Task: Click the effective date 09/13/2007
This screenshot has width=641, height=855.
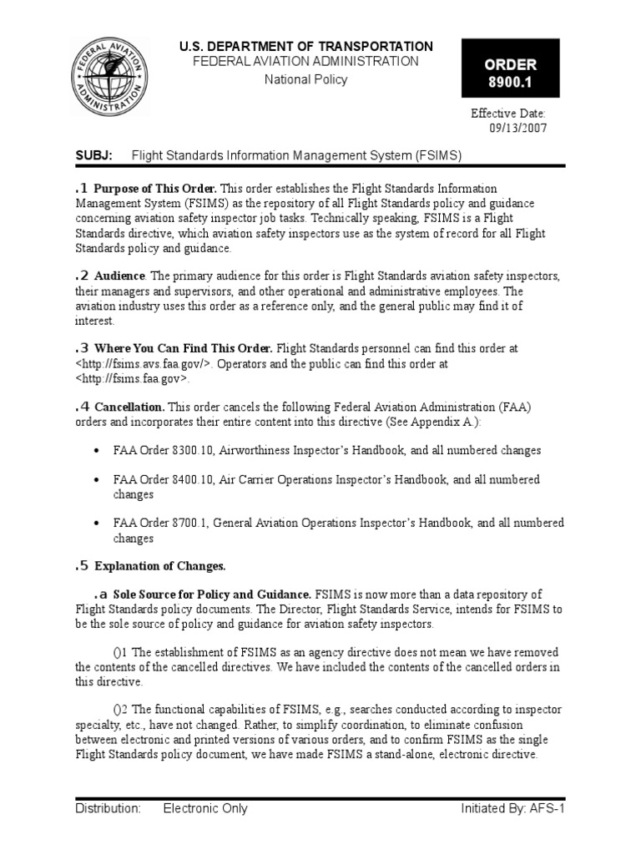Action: [x=517, y=128]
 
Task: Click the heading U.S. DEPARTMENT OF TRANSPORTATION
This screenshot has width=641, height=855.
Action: [x=306, y=47]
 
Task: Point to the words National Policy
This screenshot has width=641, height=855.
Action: [x=305, y=80]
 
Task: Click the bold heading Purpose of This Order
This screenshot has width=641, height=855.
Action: [x=156, y=188]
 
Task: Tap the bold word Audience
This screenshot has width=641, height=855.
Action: [x=120, y=276]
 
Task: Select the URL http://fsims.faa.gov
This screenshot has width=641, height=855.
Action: [x=133, y=379]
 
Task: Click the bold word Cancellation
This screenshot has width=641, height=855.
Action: [x=129, y=407]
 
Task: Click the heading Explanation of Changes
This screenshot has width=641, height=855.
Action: [x=160, y=567]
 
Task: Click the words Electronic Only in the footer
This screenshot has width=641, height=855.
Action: [x=205, y=808]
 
